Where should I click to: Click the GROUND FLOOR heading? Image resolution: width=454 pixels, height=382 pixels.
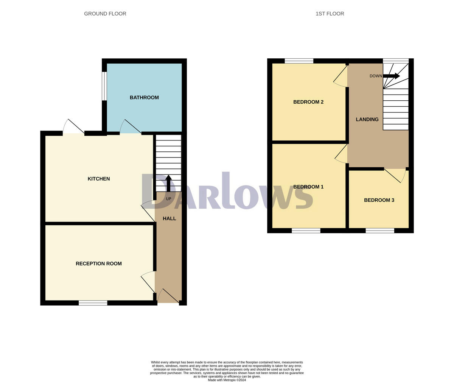tap(105, 14)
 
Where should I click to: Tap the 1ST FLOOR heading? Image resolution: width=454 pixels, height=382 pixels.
tap(330, 14)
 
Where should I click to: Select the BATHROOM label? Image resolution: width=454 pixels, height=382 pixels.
tap(144, 98)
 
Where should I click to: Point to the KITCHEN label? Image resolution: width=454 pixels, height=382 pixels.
tap(99, 179)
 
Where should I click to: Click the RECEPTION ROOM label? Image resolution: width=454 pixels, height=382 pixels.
tap(99, 264)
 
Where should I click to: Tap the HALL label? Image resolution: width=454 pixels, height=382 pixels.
tap(169, 218)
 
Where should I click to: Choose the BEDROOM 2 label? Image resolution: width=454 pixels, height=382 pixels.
tap(308, 102)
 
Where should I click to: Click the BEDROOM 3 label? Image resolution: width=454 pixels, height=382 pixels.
tap(379, 200)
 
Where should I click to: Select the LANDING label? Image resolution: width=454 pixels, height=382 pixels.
tap(367, 119)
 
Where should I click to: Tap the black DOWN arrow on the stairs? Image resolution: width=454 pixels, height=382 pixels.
tap(392, 76)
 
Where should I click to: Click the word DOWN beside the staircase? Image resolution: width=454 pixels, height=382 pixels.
tap(376, 76)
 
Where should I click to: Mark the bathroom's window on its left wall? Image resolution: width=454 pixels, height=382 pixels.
tap(104, 86)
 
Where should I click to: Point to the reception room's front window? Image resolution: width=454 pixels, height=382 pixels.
tap(93, 303)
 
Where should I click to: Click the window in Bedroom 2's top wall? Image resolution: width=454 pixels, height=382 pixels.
tap(299, 61)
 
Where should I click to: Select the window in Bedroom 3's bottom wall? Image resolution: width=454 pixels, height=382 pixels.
tap(380, 230)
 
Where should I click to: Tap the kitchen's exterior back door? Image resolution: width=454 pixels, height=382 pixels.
tap(74, 128)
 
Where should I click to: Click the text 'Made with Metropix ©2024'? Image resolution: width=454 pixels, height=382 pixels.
tap(227, 380)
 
